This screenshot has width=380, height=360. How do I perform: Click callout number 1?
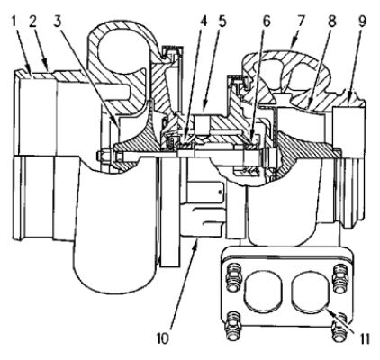(x=14, y=22)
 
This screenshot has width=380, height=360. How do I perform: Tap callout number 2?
(x=34, y=22)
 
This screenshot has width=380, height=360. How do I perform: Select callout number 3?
(x=59, y=22)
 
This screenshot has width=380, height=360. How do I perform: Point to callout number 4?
(x=203, y=22)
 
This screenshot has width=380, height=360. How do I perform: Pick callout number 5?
(x=222, y=22)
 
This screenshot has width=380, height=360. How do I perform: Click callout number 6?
(x=266, y=22)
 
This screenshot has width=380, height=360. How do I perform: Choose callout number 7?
(x=302, y=22)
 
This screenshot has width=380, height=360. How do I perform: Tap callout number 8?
(x=332, y=22)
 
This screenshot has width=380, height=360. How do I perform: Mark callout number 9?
(x=362, y=22)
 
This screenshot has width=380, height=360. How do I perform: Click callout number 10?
(x=162, y=337)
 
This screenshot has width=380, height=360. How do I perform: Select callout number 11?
(x=363, y=338)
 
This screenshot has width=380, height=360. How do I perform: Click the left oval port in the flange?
(x=263, y=292)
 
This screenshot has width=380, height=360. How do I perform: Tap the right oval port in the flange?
(x=311, y=292)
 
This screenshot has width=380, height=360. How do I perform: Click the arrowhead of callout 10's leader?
(x=196, y=241)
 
